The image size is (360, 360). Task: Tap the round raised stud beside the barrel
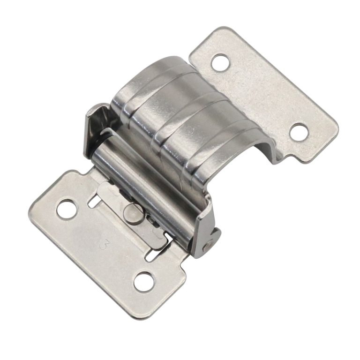(x=133, y=213)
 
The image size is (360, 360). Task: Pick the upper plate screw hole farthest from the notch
(x=220, y=62)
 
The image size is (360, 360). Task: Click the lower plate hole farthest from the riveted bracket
(x=66, y=209)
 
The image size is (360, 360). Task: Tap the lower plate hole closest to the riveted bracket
(x=143, y=281)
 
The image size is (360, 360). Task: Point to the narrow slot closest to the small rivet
(x=151, y=256)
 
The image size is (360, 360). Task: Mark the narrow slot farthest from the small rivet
(x=94, y=202)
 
